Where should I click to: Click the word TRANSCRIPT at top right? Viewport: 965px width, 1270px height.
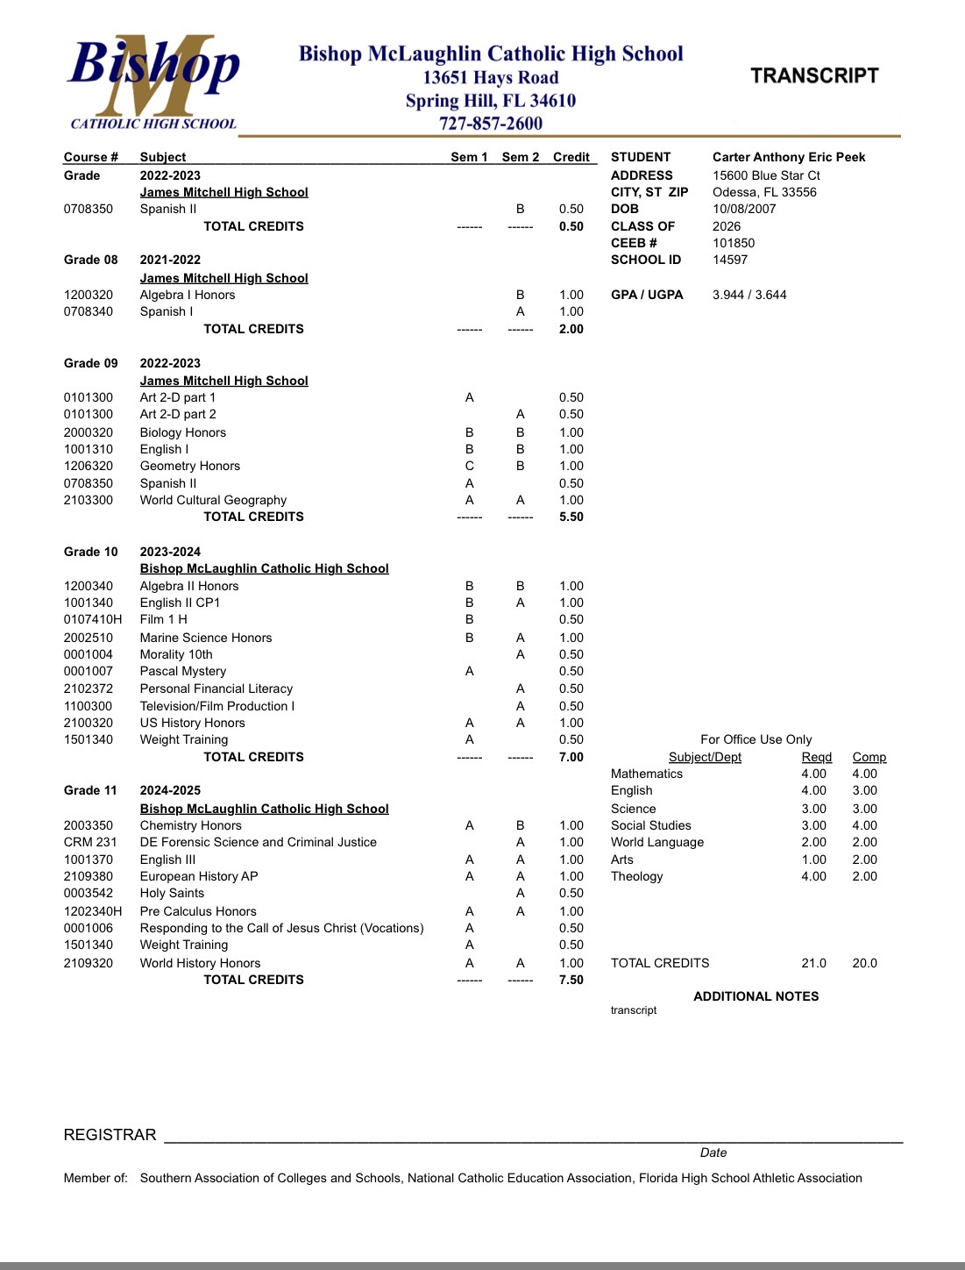814,76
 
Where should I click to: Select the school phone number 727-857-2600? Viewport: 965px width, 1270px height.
491,124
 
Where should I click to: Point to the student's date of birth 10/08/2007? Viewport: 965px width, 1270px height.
744,209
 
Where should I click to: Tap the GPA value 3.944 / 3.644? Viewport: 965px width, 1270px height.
749,295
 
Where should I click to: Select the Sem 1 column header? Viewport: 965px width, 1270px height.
469,157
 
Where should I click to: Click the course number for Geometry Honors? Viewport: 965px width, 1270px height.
89,466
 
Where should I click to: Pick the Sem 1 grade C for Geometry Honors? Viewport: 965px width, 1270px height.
470,466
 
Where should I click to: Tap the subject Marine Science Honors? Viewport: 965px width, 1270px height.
206,638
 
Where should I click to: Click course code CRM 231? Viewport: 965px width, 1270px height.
90,842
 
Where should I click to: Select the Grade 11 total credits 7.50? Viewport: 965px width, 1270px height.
571,980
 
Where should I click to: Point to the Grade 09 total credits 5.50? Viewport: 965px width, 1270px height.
571,517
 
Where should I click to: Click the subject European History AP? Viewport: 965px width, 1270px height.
199,876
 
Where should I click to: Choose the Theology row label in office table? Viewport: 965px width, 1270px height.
637,876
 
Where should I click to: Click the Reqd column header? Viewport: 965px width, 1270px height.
817,757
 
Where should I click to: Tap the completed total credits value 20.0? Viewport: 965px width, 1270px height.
864,963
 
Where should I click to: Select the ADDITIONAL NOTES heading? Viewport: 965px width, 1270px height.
756,996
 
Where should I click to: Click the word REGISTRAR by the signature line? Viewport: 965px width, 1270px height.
110,1135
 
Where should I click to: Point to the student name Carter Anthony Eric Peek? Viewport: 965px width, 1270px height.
789,157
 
